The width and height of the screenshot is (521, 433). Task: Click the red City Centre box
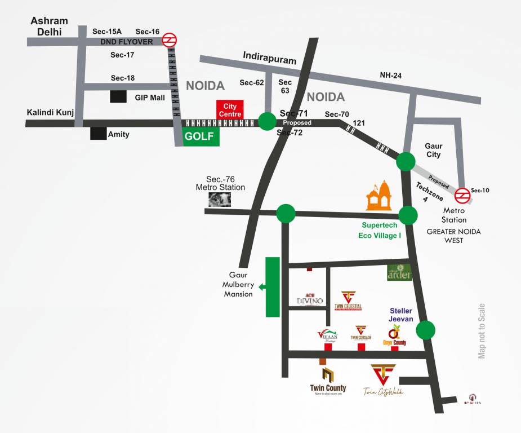(230, 109)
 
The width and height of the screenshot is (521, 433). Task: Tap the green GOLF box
(201, 136)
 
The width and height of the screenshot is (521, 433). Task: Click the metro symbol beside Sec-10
(462, 195)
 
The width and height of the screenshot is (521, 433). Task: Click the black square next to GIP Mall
(118, 96)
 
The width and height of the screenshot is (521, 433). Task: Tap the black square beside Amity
(99, 134)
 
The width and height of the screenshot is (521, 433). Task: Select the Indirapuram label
(265, 56)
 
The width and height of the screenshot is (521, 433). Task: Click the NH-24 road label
(390, 75)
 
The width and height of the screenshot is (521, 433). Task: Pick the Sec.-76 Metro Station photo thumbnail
(219, 198)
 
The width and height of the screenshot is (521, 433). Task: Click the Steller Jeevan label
(402, 315)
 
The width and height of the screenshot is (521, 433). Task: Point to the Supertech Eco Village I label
(380, 230)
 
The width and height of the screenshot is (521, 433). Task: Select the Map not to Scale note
(481, 331)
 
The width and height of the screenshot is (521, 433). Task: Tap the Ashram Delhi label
(49, 26)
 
